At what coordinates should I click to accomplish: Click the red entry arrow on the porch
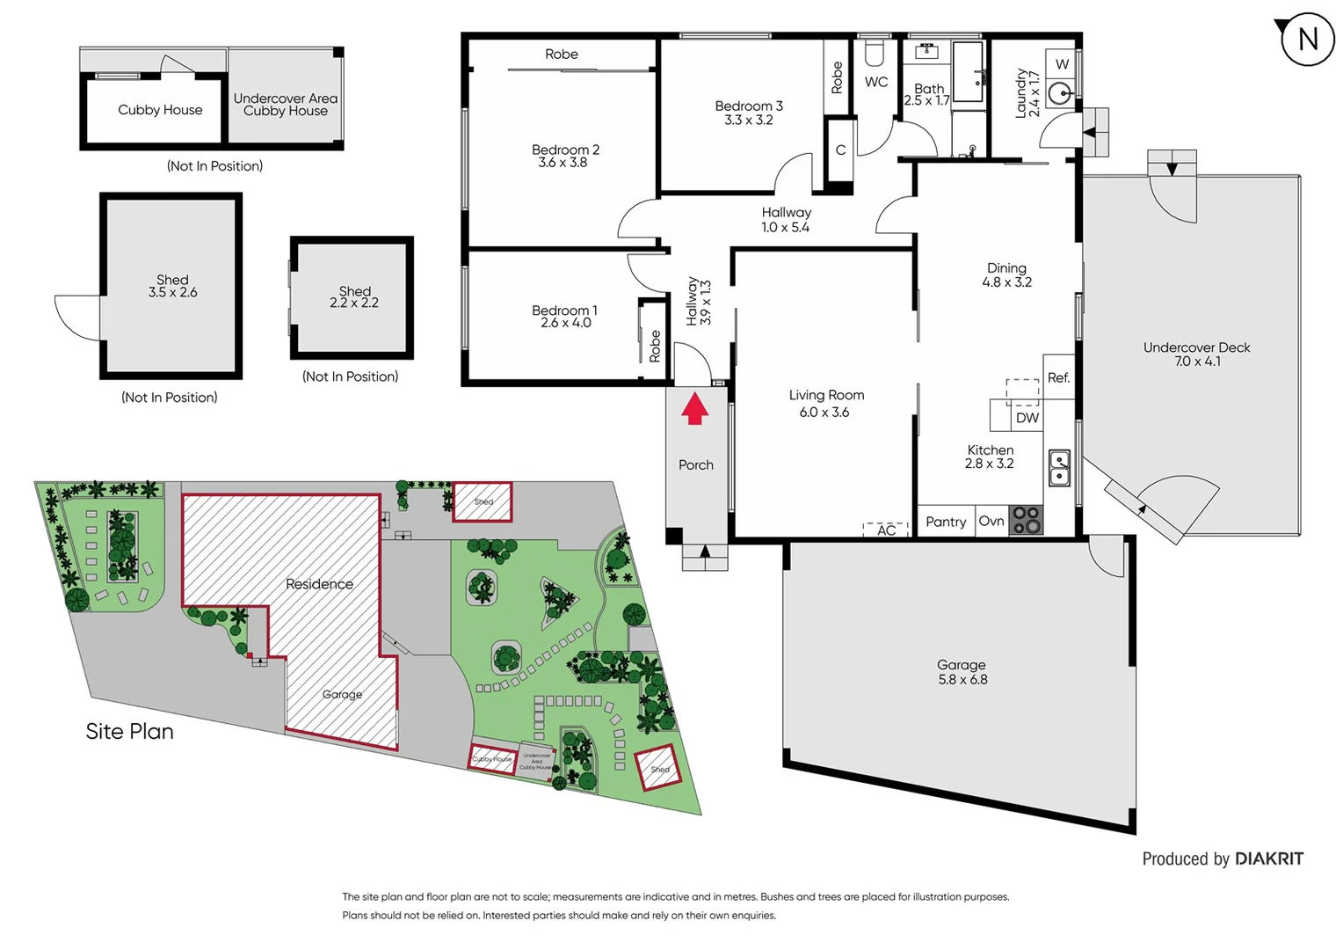tap(694, 409)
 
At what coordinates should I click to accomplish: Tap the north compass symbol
tap(1307, 40)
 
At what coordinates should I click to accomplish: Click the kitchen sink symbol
tap(1059, 467)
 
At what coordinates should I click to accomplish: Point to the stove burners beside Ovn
tap(1025, 520)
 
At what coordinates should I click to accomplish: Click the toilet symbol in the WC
tap(874, 55)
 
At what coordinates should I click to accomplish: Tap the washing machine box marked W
tap(1062, 64)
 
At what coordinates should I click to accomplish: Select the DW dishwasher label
tap(1027, 418)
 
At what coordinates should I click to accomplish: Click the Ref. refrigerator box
tap(1058, 377)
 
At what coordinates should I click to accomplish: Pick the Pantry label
tap(946, 522)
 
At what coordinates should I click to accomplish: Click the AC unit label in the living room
tap(886, 530)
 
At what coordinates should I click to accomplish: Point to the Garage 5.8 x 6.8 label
tap(962, 672)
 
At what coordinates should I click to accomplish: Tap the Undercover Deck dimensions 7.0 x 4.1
tap(1197, 362)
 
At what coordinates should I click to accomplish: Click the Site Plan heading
tap(129, 732)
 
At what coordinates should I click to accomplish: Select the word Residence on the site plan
tap(319, 584)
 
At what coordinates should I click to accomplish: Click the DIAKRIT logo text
tap(1268, 859)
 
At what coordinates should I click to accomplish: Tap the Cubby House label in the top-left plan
tap(160, 110)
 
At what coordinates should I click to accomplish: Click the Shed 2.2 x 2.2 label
tap(354, 296)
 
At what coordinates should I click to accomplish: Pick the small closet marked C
tap(840, 150)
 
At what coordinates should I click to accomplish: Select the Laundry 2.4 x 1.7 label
tap(1027, 93)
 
